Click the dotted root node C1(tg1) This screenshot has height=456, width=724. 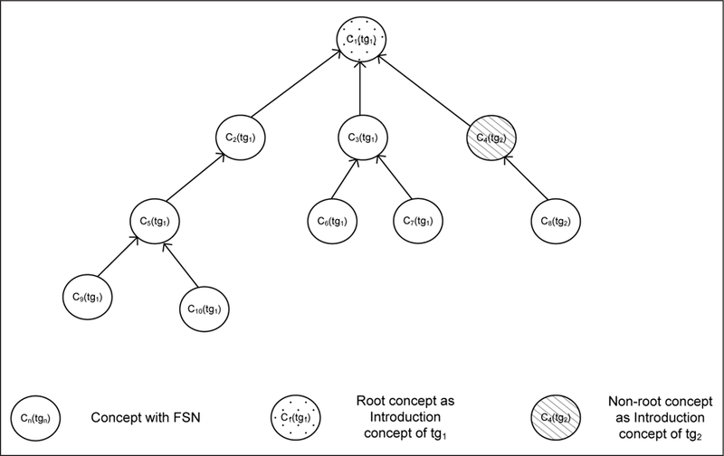361,40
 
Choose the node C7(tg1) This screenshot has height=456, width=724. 416,221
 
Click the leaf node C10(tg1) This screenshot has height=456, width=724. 203,308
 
